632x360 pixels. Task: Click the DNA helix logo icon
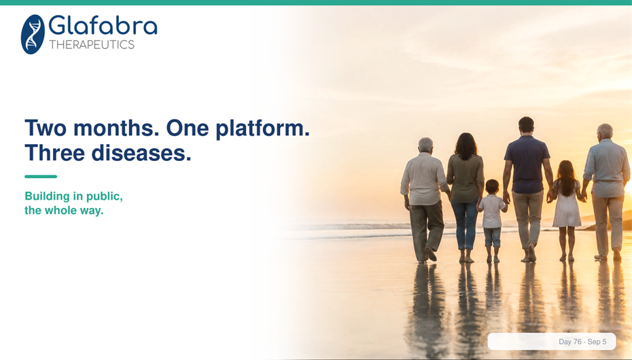[x=33, y=34]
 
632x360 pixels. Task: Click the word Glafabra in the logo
[x=103, y=26]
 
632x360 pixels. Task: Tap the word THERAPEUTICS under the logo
[x=92, y=45]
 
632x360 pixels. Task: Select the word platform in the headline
[x=262, y=129]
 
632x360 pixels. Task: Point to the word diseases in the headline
[x=141, y=153]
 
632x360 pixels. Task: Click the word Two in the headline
[x=46, y=128]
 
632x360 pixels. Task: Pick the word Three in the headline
[x=55, y=153]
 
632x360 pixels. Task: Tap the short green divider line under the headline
[x=41, y=177]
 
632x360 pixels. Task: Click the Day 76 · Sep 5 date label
[x=582, y=342]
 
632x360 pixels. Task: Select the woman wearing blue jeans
[x=466, y=197]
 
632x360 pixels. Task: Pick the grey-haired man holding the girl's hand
[x=605, y=192]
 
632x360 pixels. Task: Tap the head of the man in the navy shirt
[x=526, y=125]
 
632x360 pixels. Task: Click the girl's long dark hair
[x=566, y=177]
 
